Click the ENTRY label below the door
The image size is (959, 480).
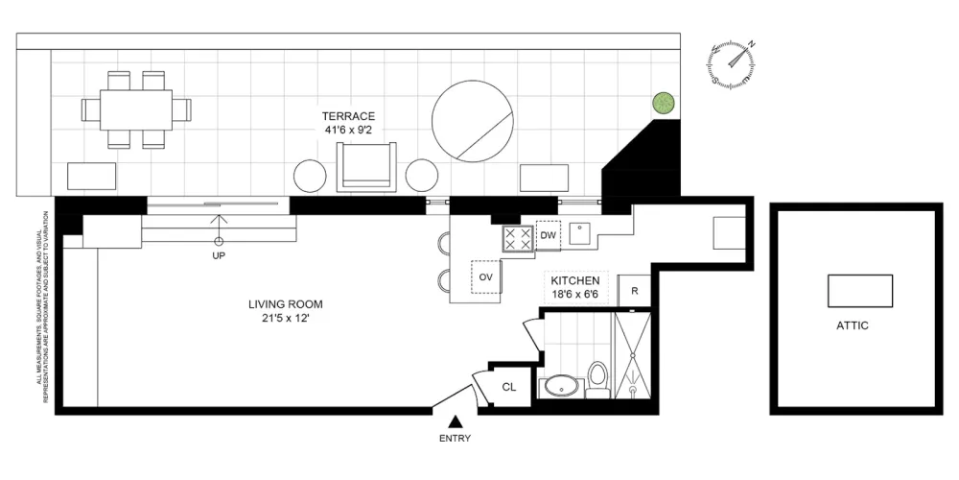click(455, 439)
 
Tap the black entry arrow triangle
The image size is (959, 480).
click(455, 421)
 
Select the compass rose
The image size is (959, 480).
click(732, 63)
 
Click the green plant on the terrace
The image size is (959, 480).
click(665, 103)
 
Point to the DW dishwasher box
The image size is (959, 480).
click(548, 236)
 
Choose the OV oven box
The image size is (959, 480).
click(486, 276)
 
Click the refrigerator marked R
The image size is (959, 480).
click(634, 291)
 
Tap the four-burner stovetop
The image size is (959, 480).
click(518, 238)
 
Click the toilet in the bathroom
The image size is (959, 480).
click(597, 379)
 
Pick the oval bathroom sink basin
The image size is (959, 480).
click(561, 387)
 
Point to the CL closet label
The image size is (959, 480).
click(509, 387)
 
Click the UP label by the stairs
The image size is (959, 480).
click(219, 256)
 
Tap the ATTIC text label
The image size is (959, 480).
click(852, 325)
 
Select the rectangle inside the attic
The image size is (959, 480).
click(860, 291)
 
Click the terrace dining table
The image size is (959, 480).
click(136, 110)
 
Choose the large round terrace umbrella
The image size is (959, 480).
click(472, 122)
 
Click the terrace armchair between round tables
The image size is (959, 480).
click(366, 166)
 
